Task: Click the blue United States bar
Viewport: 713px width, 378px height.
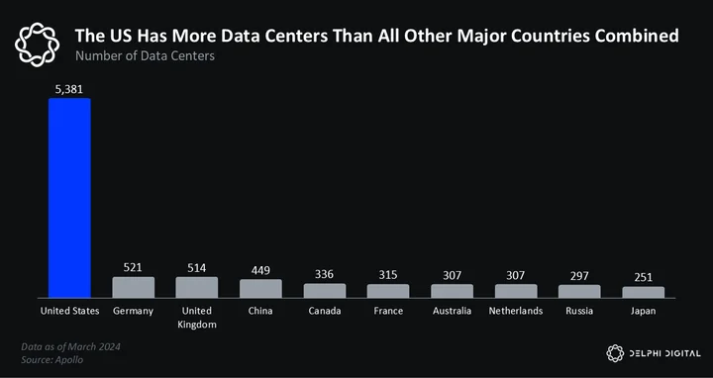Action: coord(69,198)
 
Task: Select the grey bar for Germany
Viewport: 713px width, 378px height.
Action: coord(134,288)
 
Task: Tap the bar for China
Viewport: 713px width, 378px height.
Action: coord(260,289)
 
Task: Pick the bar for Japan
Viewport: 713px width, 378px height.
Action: coord(643,292)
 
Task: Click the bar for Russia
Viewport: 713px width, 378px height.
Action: coord(579,291)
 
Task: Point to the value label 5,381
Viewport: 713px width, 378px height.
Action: coord(69,89)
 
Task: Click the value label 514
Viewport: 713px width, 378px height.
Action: coord(197,268)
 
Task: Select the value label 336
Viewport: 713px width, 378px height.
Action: coord(324,274)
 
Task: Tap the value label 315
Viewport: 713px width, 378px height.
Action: coord(388,275)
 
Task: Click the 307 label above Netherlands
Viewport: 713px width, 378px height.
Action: coord(516,275)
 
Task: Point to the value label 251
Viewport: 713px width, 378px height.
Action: coord(643,277)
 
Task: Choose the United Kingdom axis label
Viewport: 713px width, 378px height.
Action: coord(197,318)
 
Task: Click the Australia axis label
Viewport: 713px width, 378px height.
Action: coord(452,312)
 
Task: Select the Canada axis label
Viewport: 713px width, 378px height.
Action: coord(324,312)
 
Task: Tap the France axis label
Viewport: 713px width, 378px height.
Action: coord(388,312)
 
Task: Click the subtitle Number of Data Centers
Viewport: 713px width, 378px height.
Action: coord(145,55)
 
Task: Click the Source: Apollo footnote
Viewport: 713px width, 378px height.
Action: coord(52,360)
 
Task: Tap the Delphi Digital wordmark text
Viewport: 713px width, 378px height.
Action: coord(664,353)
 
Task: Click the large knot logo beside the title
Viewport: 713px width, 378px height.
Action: coord(37,45)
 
